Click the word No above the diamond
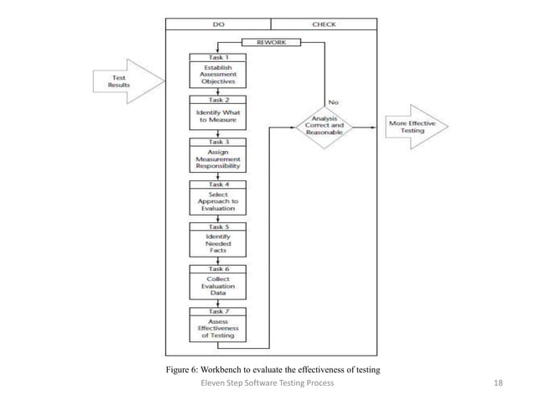point(334,102)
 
